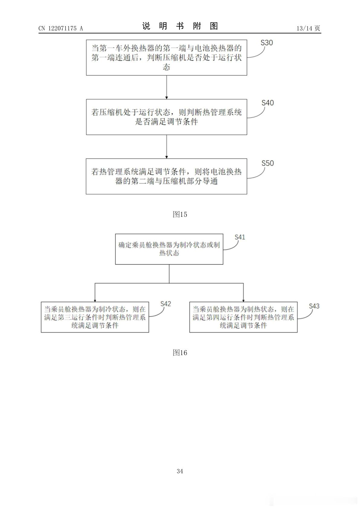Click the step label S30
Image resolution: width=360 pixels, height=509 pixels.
click(267, 43)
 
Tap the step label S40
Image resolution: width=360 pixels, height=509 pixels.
click(268, 103)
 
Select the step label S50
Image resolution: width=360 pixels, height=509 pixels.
click(268, 163)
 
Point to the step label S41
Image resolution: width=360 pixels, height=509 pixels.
click(240, 237)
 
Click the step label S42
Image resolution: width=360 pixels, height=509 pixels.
click(165, 304)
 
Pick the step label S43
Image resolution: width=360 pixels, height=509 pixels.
click(314, 306)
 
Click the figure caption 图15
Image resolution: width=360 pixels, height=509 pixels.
click(180, 214)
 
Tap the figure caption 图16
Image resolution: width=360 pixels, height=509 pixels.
click(180, 352)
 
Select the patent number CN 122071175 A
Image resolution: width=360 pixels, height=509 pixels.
click(61, 28)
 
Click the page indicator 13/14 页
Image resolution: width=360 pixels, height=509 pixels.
click(308, 28)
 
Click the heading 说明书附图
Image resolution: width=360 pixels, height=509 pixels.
click(180, 26)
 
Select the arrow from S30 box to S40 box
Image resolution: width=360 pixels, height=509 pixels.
click(167, 87)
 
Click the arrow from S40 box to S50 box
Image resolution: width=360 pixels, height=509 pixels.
click(167, 147)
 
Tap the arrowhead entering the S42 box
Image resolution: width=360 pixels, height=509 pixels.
click(95, 301)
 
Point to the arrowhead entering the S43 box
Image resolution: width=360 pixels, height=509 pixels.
click(243, 301)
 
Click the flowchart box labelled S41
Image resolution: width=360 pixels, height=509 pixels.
click(169, 249)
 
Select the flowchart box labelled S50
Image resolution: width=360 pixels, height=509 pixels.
click(166, 176)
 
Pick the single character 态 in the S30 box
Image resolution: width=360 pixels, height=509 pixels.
click(166, 67)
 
